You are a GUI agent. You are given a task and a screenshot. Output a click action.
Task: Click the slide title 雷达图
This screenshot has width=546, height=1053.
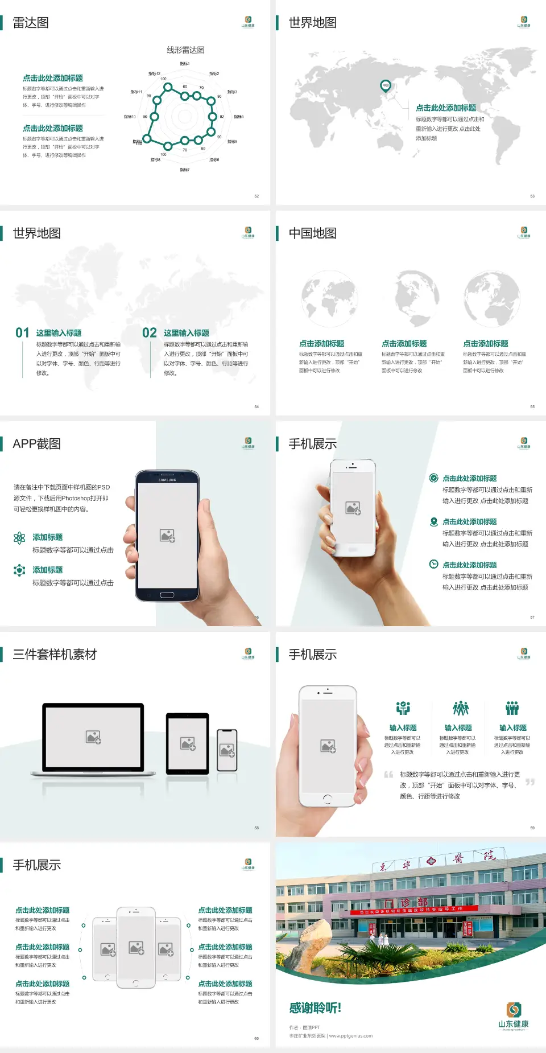tap(31, 23)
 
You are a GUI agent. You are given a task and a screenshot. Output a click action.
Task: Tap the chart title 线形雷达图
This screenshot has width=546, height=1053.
tap(185, 50)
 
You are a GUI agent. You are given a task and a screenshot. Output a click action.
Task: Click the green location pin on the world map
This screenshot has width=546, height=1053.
tap(386, 86)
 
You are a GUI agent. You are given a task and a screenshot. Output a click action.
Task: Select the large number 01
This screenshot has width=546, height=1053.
tap(22, 333)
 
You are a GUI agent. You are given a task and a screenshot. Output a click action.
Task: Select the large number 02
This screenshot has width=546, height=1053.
tap(150, 333)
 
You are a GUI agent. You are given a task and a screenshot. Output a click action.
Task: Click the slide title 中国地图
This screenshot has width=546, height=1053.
tap(312, 233)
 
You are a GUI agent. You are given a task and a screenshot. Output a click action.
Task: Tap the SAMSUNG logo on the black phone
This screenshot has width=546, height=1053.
tap(167, 480)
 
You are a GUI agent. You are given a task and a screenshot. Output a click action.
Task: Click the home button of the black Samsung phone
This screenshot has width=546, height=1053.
tap(167, 595)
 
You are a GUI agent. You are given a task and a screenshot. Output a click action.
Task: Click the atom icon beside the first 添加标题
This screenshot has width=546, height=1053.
tap(19, 538)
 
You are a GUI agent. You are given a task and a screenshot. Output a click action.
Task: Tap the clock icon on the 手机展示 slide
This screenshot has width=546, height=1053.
tap(433, 564)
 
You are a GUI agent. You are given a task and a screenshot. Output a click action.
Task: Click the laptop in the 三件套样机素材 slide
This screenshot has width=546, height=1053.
tap(93, 739)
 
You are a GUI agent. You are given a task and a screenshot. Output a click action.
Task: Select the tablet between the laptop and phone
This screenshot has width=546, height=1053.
tap(188, 743)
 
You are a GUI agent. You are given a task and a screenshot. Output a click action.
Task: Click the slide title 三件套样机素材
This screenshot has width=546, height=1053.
tap(55, 655)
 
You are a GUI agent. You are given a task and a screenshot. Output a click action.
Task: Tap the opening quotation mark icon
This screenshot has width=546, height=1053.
tap(388, 775)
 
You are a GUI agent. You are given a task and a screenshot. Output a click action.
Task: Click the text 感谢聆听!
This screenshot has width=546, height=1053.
tap(315, 1008)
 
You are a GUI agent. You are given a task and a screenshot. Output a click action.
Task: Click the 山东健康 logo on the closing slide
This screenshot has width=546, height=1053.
tap(514, 1016)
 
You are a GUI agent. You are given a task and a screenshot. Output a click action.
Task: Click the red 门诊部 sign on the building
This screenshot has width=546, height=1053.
tap(414, 903)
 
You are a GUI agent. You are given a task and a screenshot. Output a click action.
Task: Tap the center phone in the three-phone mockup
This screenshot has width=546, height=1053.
tap(136, 947)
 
